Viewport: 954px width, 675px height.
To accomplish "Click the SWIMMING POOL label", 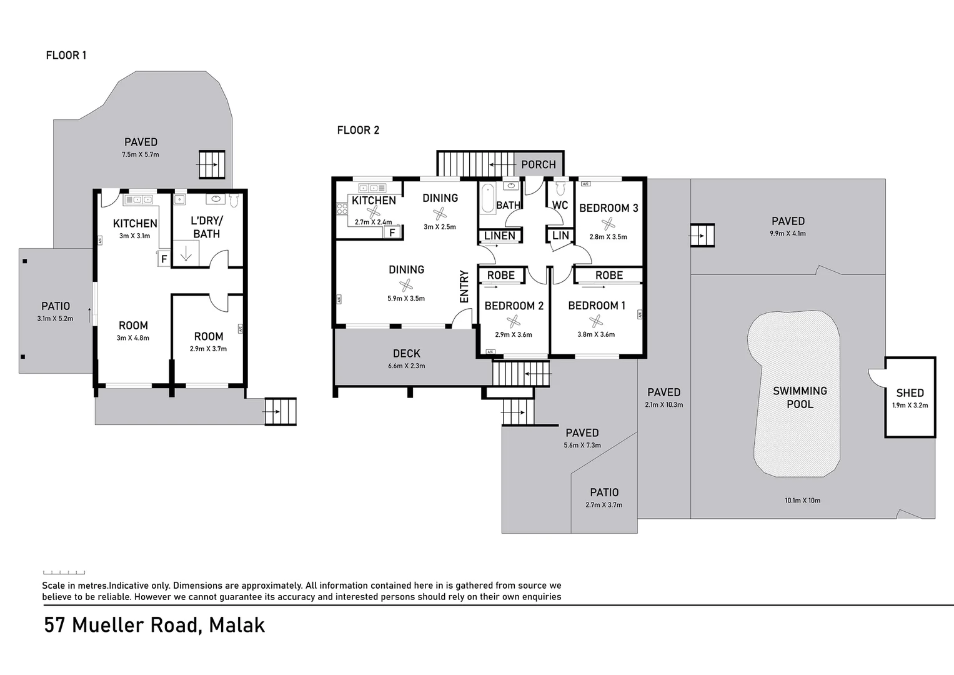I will (x=800, y=397).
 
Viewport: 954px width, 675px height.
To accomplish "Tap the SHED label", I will (x=910, y=393).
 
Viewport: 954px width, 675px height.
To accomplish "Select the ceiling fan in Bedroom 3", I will (x=608, y=223).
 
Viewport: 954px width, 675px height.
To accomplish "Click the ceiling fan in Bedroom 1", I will (x=596, y=321).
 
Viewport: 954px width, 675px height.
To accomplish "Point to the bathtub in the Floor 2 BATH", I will (x=487, y=199).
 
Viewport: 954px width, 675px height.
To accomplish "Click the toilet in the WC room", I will (x=560, y=188).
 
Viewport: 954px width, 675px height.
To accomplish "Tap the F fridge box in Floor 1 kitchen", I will (x=164, y=259).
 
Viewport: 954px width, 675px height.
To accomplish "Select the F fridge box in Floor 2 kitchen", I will (x=392, y=232).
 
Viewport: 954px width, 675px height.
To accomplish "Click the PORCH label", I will (x=538, y=164).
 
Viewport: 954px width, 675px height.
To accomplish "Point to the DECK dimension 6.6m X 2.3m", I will (x=406, y=366).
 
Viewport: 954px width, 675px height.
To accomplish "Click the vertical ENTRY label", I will (x=464, y=286).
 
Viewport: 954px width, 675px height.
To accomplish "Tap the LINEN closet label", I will (x=500, y=236).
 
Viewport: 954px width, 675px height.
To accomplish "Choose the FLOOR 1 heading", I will (x=66, y=55).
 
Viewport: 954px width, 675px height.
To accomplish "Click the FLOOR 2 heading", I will (x=358, y=130).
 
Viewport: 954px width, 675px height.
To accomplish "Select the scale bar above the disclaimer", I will (x=64, y=572).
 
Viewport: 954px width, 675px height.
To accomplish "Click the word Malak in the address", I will (x=237, y=625).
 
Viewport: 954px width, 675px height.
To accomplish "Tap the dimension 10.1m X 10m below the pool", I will (x=802, y=500).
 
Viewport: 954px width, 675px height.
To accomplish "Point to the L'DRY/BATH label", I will (x=206, y=227).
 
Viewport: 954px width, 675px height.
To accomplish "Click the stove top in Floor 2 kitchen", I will (x=342, y=209).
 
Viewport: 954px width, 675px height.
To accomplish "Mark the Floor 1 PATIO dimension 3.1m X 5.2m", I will (x=55, y=319).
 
